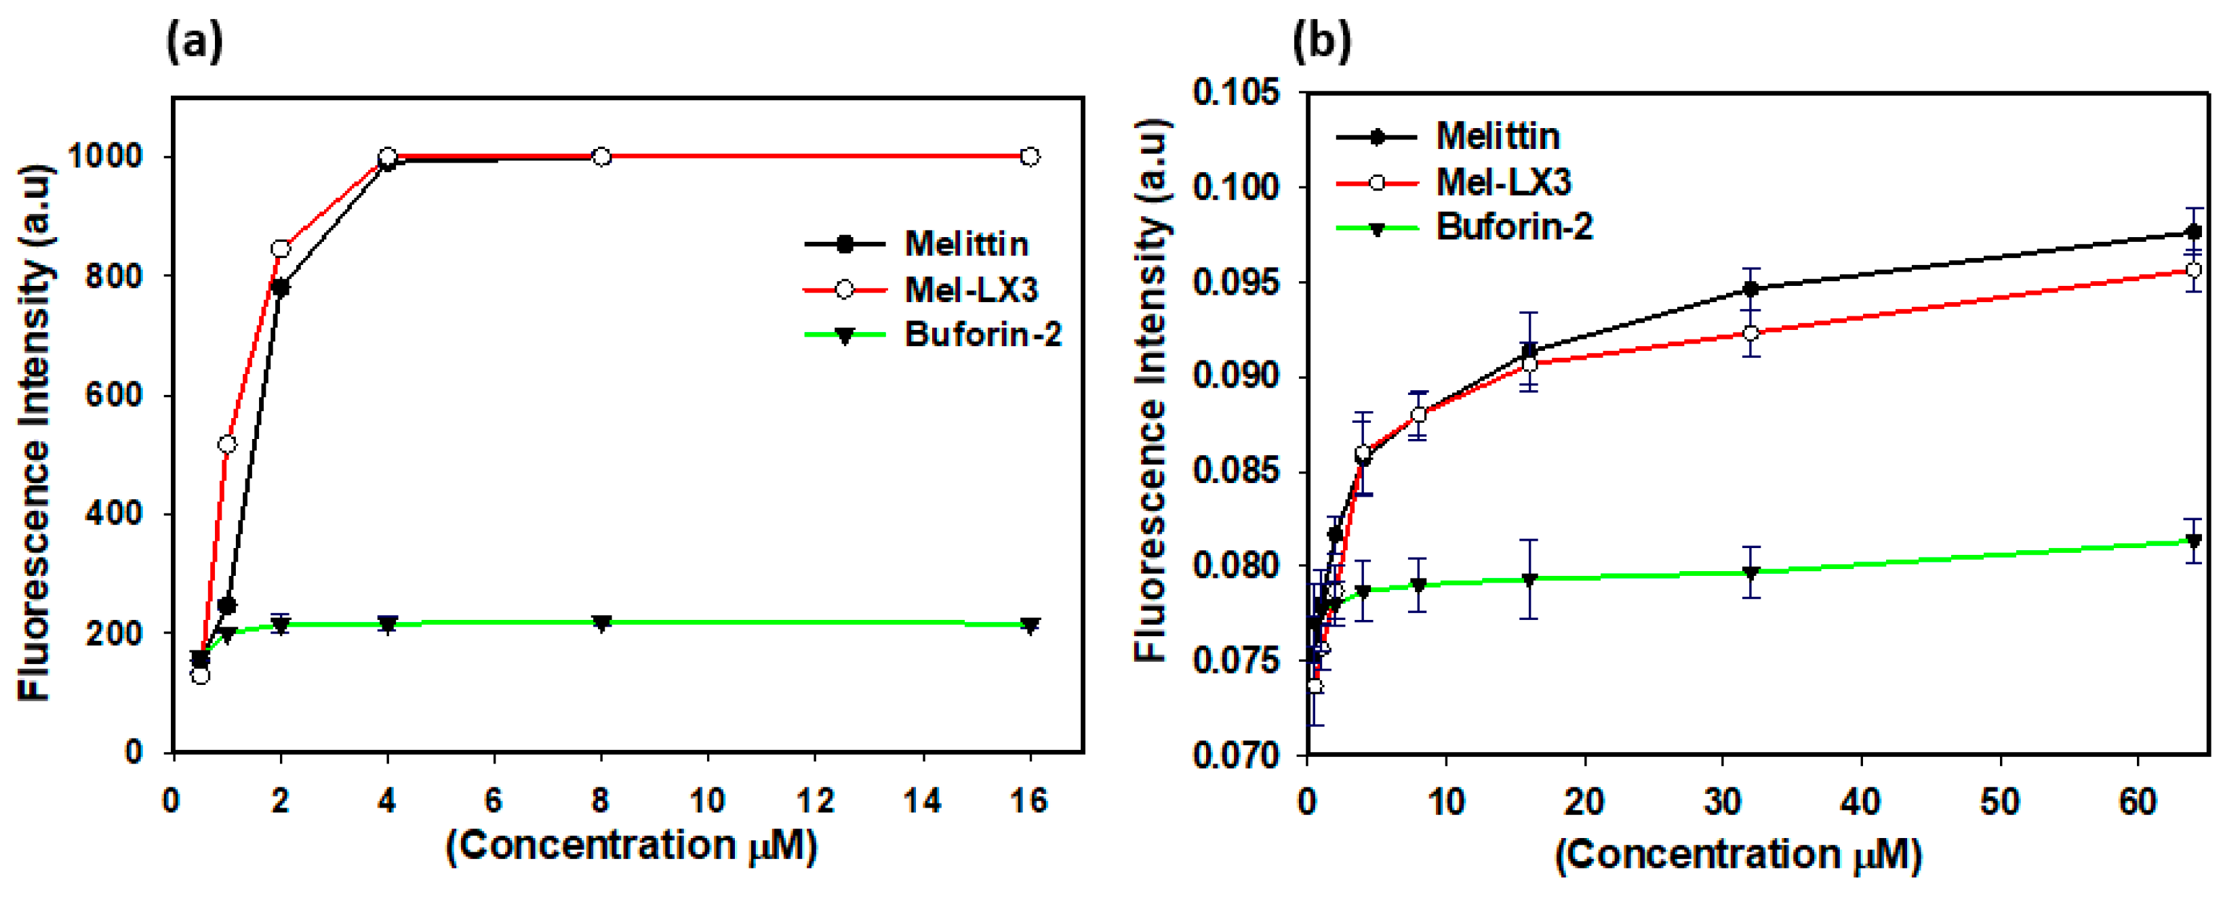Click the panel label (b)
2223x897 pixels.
pos(1321,42)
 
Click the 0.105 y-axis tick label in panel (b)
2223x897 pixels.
pos(1236,92)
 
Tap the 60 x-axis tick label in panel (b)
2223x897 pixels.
pos(2137,803)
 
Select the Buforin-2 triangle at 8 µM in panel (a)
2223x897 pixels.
pos(601,623)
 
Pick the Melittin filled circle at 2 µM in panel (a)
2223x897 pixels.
pos(279,287)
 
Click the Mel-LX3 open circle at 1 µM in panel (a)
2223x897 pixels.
pos(227,444)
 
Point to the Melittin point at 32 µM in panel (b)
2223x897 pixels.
pos(1750,289)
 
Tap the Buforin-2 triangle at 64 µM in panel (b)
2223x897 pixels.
pos(2192,541)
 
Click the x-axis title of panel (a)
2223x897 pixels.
pos(630,846)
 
